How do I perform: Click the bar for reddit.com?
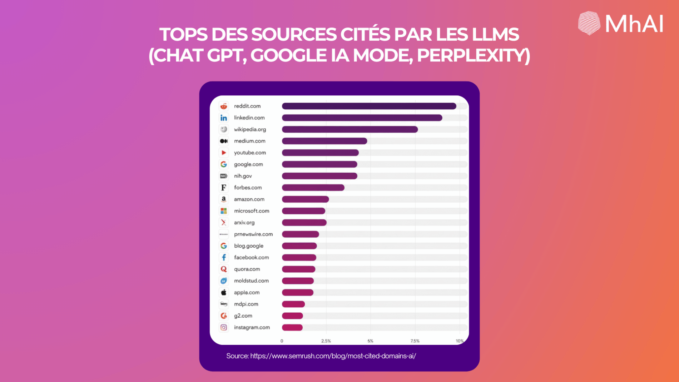point(369,106)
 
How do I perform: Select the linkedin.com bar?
point(362,118)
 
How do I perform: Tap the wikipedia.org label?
point(250,129)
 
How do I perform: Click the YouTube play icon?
point(224,153)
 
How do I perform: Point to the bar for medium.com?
point(324,141)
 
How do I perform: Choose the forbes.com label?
point(248,188)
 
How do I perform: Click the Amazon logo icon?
point(224,199)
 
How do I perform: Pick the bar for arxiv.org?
point(304,223)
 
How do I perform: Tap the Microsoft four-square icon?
point(224,211)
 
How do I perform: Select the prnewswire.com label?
point(253,234)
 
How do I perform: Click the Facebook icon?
point(224,257)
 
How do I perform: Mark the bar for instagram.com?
point(292,327)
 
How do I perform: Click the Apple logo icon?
point(224,292)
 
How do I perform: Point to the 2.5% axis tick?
point(326,341)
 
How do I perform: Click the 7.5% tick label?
point(415,341)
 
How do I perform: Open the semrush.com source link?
point(333,356)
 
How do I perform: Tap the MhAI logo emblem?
point(589,23)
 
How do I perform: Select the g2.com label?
point(243,316)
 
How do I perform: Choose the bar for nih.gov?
point(319,176)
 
